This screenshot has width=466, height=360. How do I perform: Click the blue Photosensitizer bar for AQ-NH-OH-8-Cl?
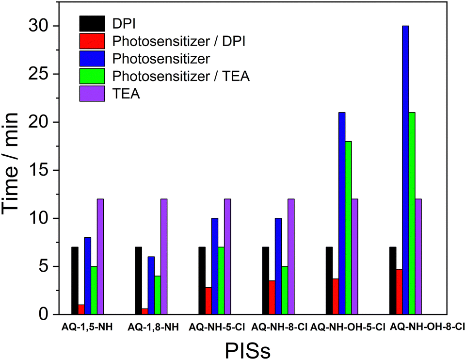405,170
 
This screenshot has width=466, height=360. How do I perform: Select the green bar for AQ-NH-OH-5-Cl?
348,228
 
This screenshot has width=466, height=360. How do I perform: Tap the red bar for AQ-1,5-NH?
81,310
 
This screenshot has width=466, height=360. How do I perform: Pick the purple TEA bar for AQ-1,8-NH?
164,257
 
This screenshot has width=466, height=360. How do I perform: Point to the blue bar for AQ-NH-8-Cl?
278,266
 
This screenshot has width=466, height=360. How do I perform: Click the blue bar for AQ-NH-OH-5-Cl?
342,213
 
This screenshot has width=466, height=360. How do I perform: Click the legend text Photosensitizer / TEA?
180,76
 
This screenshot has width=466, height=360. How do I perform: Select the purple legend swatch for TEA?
92,94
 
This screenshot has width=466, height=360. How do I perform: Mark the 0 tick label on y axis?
46,315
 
